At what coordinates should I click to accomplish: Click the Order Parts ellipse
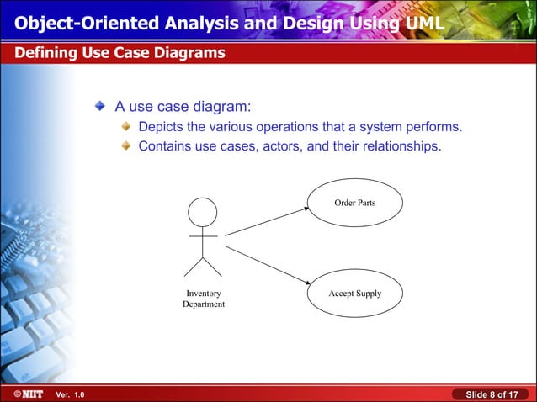tap(354, 203)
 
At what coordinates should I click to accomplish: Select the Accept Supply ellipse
tap(354, 294)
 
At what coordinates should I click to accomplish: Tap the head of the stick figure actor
tap(202, 211)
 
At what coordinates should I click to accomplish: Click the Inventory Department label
tap(204, 299)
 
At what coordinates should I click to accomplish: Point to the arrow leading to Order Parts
tap(264, 221)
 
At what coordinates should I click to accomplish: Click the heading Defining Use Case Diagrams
tap(119, 53)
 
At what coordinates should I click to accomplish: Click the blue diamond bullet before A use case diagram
tap(102, 107)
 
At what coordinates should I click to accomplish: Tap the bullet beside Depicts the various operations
tap(125, 127)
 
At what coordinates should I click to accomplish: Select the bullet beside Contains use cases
tap(125, 146)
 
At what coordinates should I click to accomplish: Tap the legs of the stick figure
tap(202, 267)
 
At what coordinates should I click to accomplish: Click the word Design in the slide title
tap(306, 21)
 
